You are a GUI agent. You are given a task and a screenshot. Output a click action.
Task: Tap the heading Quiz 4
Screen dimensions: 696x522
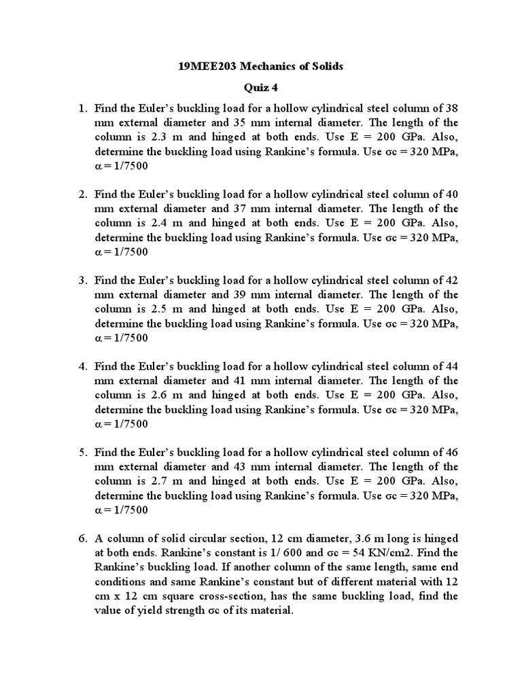tap(261, 88)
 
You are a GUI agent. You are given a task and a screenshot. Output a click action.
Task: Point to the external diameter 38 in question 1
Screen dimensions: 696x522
tap(451, 107)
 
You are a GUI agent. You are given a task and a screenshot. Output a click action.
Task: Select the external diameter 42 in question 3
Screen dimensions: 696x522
tap(451, 280)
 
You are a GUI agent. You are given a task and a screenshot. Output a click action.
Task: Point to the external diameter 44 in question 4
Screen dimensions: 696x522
tap(451, 366)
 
